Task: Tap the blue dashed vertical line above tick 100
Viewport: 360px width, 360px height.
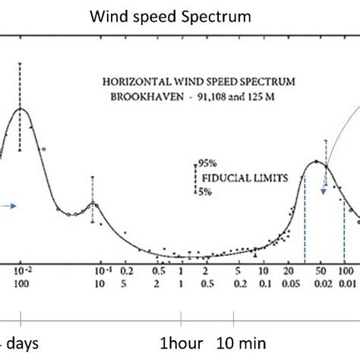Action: (x=343, y=228)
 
